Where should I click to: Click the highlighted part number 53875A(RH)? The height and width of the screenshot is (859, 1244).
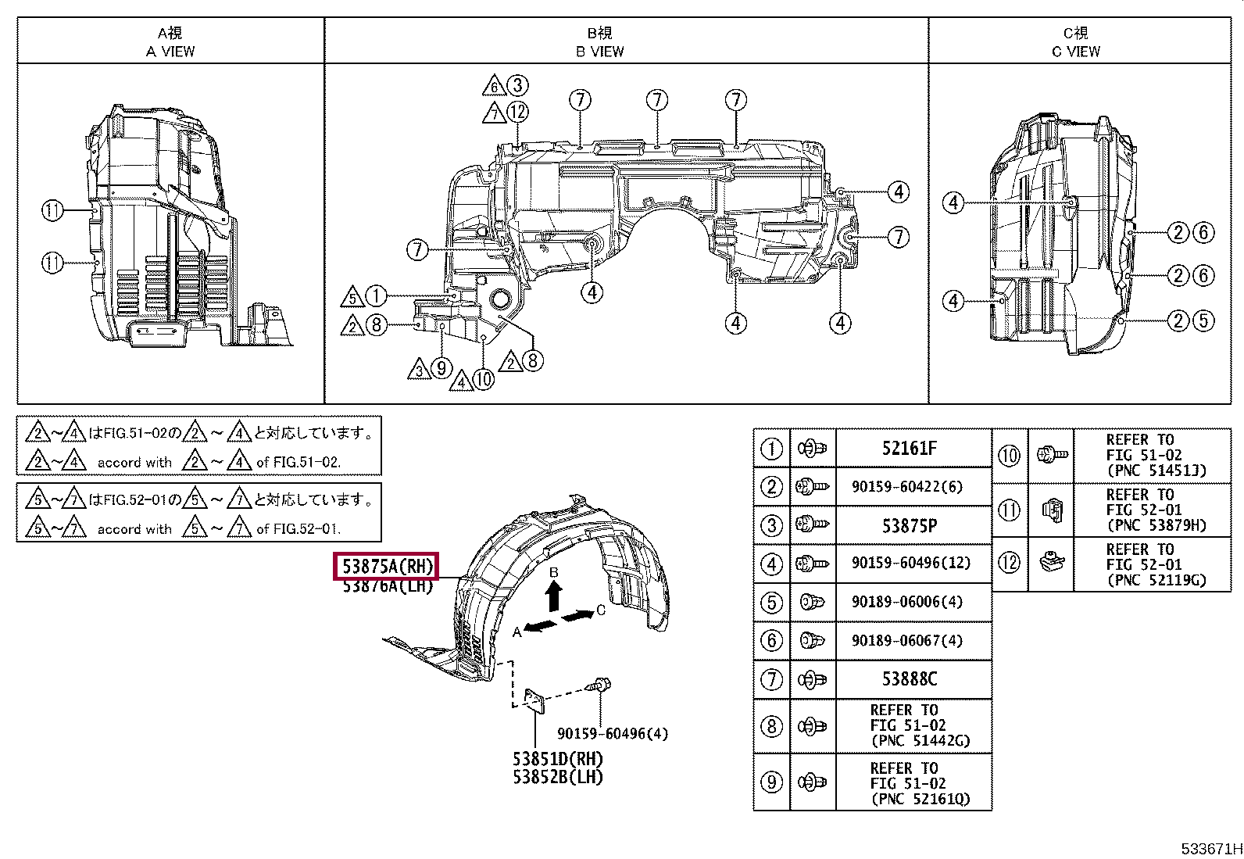coord(386,567)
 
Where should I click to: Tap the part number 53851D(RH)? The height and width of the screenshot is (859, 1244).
coord(558,759)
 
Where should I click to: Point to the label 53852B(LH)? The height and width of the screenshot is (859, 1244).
coord(558,777)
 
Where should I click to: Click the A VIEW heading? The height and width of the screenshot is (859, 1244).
coord(170,52)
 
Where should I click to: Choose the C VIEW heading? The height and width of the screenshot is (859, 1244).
coord(1075,52)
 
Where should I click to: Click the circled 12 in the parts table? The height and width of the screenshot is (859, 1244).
coord(1010,564)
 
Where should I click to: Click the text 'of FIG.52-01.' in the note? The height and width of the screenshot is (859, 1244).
coord(298,529)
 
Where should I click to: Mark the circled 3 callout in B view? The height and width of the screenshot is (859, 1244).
coord(517,85)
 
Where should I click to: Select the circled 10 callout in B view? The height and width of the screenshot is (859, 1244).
coord(484,380)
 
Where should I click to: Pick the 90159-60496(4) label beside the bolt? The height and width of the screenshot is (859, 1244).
coord(613,734)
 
